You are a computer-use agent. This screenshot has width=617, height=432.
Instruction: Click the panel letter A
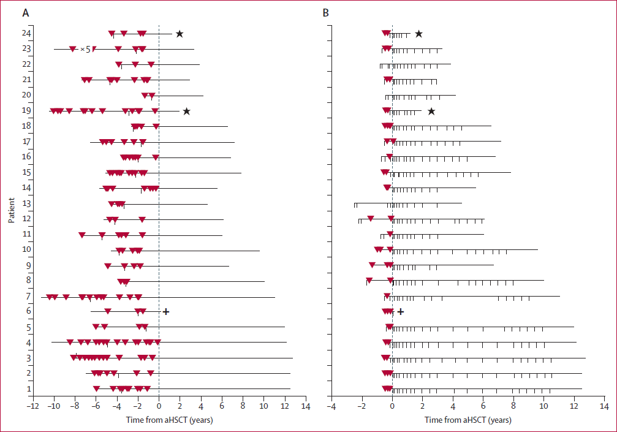[25, 12]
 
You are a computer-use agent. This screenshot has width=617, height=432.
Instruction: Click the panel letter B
[325, 12]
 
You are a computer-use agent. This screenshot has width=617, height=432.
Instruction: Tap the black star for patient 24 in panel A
[180, 34]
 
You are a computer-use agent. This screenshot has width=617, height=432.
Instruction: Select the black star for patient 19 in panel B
[431, 112]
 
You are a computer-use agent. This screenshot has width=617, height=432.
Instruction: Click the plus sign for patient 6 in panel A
[165, 311]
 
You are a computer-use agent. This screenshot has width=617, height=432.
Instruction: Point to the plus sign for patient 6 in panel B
[401, 311]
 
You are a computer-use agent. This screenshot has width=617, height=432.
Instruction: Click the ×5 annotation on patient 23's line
[85, 49]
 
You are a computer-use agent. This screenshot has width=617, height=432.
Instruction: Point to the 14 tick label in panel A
[306, 406]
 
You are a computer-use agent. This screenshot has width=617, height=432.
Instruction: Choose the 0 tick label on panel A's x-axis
[159, 406]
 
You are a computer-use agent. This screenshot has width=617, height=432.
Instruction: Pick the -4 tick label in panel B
[330, 406]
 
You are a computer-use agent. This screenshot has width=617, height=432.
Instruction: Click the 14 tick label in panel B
[604, 406]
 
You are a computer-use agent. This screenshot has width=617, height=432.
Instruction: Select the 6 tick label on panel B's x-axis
[483, 406]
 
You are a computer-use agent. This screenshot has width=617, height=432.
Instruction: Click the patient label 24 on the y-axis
[28, 34]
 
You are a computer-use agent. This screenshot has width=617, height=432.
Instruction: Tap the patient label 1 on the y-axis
[29, 388]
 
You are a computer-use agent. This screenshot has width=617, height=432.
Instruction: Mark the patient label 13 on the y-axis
[28, 203]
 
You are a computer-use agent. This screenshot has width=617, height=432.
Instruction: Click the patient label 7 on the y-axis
[29, 296]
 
